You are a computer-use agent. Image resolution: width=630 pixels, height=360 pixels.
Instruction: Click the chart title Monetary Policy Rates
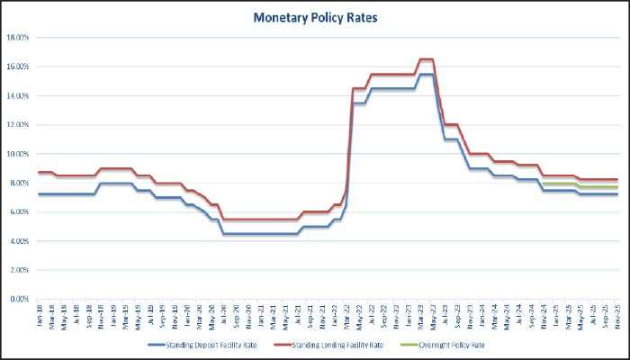click(x=314, y=17)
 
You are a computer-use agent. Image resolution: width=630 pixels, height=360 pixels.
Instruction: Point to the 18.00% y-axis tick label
click(x=19, y=38)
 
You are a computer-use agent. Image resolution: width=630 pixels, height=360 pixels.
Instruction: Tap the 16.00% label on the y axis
click(x=19, y=67)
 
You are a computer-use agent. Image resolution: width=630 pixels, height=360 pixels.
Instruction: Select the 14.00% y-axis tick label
click(x=19, y=95)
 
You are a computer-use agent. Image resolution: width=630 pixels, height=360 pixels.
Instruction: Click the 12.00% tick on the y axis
click(x=19, y=125)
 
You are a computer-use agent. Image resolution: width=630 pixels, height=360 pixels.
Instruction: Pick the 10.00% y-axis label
click(x=19, y=154)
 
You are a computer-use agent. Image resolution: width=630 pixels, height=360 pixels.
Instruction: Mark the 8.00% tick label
click(x=21, y=183)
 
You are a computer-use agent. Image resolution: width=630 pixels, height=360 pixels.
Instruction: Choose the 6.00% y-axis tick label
click(x=21, y=212)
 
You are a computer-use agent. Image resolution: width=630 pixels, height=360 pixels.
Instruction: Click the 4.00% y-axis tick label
click(x=21, y=241)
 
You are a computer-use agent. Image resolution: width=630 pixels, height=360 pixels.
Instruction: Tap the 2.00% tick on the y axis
click(x=21, y=270)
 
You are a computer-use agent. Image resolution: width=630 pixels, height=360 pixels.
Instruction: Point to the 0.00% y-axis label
click(x=21, y=299)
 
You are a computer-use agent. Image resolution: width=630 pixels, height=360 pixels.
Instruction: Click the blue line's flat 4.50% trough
click(x=261, y=234)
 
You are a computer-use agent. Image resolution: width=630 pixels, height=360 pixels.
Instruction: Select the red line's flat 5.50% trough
click(x=261, y=220)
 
